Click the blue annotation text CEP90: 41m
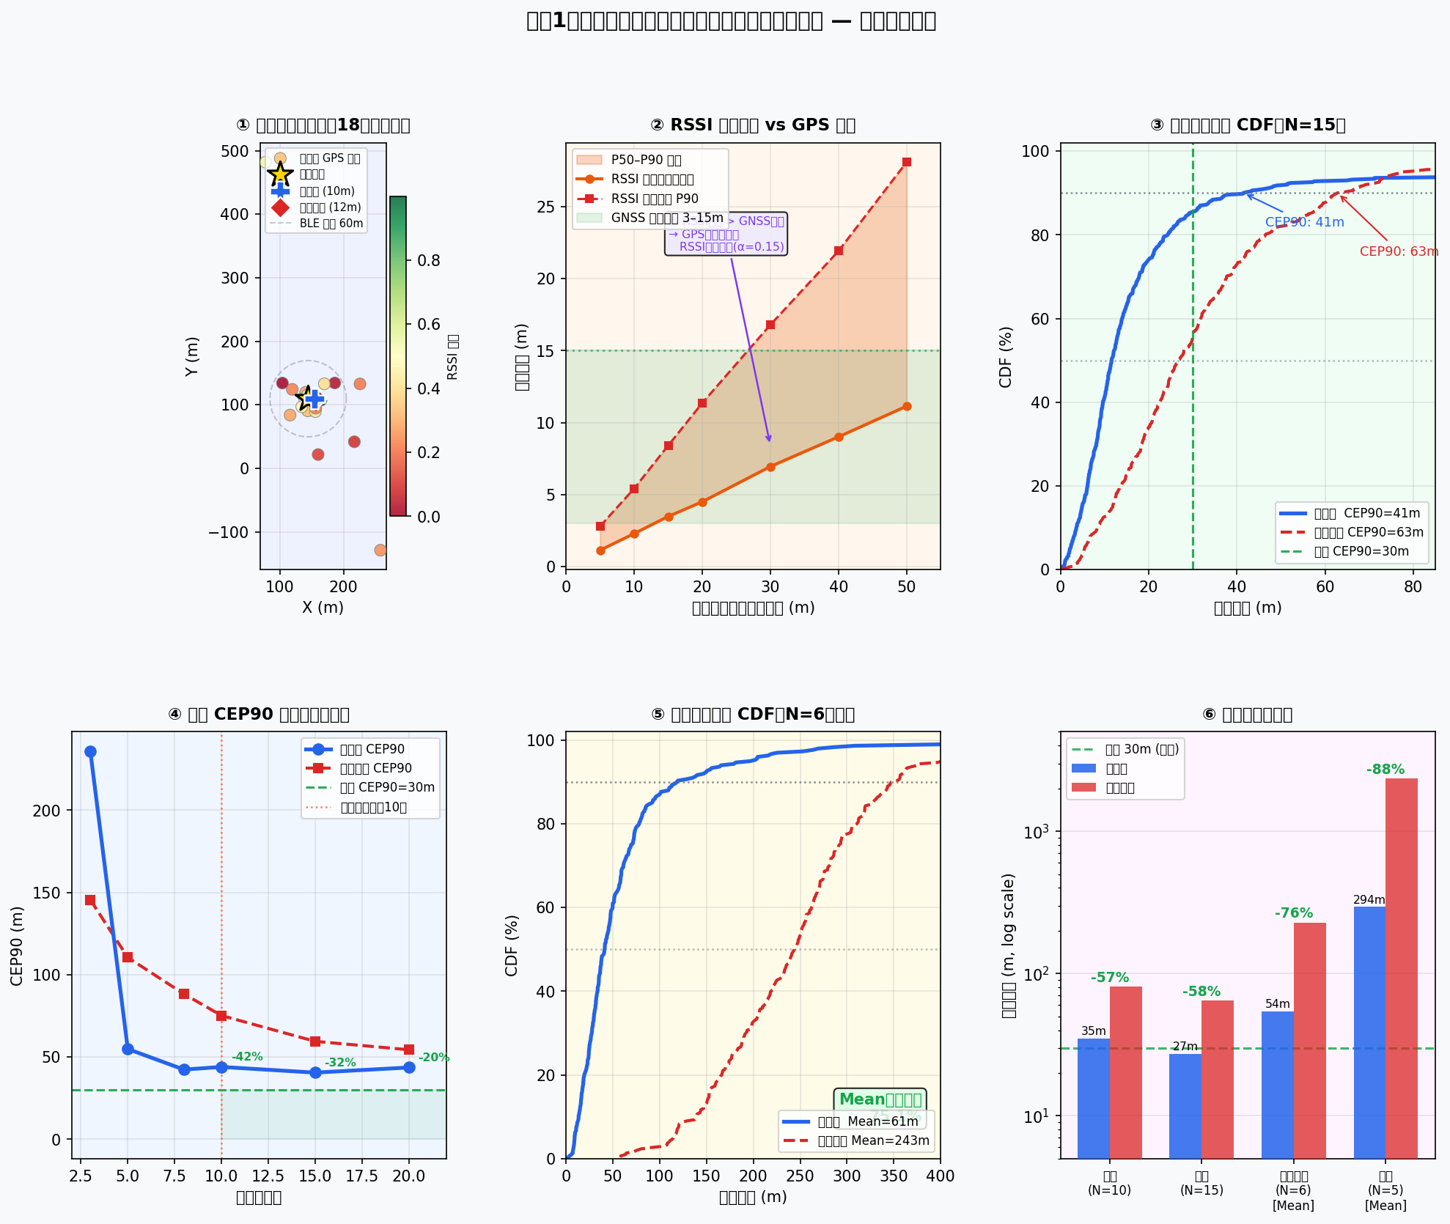click(1304, 222)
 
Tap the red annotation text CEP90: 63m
click(1399, 251)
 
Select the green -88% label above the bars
click(1385, 770)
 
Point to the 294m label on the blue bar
click(1369, 899)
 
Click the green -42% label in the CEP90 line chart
click(247, 1057)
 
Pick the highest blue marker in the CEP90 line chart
click(90, 752)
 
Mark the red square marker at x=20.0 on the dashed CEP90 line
click(409, 1050)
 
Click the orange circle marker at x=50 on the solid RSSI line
click(907, 406)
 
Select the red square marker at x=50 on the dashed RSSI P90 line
click(907, 162)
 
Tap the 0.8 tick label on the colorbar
click(428, 261)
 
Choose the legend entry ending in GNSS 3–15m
click(649, 218)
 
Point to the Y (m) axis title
click(192, 357)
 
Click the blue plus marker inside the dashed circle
click(314, 399)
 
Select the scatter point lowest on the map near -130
click(380, 550)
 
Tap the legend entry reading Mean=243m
click(856, 1140)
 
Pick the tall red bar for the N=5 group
click(1401, 967)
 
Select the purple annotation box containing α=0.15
click(726, 235)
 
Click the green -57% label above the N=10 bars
click(1110, 978)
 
